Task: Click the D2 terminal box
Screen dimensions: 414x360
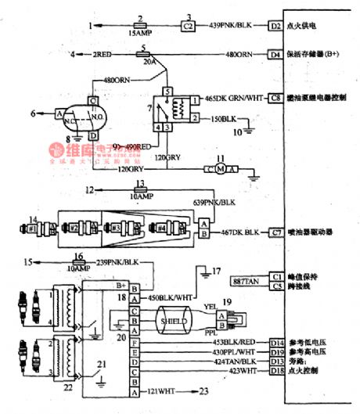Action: click(275, 26)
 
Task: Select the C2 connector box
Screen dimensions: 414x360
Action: click(187, 26)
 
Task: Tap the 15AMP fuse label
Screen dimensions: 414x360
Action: click(137, 35)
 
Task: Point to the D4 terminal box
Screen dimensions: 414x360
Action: click(275, 55)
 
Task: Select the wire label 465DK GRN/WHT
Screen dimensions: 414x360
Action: click(231, 99)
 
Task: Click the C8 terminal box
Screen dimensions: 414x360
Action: click(275, 99)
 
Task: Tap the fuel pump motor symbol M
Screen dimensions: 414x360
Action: click(221, 169)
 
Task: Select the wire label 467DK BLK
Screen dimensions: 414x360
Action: click(239, 232)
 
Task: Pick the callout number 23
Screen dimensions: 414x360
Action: click(204, 391)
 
